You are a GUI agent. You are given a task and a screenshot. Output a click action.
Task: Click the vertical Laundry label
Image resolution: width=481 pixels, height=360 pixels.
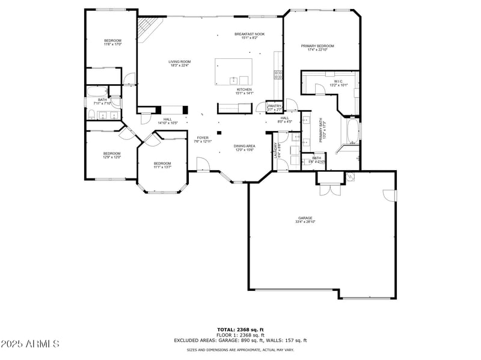[x=277, y=150]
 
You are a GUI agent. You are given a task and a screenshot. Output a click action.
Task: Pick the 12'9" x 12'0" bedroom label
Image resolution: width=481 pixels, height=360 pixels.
[x=112, y=154]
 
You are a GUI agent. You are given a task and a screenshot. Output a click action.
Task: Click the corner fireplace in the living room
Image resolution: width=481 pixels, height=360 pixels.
[x=149, y=26]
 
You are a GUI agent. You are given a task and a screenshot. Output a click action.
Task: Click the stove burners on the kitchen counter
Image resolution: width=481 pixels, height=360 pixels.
[x=278, y=75]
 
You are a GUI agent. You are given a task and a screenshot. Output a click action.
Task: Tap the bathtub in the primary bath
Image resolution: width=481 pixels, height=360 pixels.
[x=352, y=131]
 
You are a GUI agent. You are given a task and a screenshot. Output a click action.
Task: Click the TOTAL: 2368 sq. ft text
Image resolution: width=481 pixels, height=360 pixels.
[x=240, y=329]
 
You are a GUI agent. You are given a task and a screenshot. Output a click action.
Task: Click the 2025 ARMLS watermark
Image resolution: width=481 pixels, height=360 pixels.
[x=30, y=344]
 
